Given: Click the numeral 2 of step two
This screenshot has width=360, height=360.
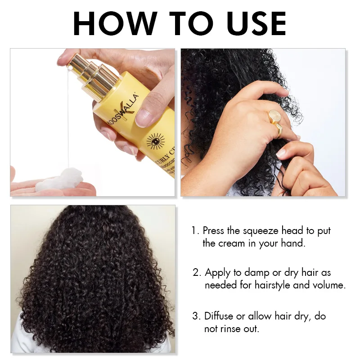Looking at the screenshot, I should (196, 273).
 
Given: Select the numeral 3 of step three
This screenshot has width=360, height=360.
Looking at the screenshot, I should (196, 316).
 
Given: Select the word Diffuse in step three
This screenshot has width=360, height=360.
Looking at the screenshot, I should (219, 316).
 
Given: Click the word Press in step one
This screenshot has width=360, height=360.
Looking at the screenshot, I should (213, 231).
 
